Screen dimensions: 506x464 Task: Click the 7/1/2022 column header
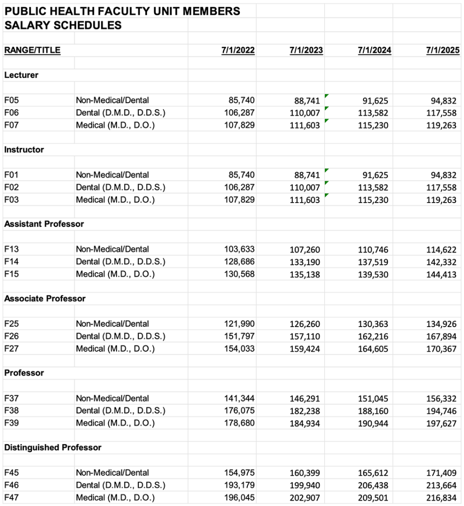[x=238, y=50]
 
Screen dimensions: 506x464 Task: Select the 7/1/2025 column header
[x=443, y=50]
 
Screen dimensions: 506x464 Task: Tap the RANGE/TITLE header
[x=32, y=50]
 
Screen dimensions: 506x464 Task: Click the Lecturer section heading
[x=21, y=75]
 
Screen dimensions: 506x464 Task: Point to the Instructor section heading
[x=24, y=150]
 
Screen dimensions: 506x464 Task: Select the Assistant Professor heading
[x=44, y=224]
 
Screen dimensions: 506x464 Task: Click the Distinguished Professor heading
[x=53, y=447]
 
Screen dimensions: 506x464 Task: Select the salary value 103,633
[x=239, y=249]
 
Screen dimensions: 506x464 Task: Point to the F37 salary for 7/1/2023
[x=305, y=399]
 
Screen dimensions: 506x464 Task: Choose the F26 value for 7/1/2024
[x=373, y=337]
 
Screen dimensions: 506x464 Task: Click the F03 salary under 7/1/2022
[x=239, y=200]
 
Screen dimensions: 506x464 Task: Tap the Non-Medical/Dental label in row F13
[x=112, y=249]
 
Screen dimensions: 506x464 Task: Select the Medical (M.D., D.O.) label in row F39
[x=115, y=423]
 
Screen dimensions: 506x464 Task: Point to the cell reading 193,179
[x=239, y=485]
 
